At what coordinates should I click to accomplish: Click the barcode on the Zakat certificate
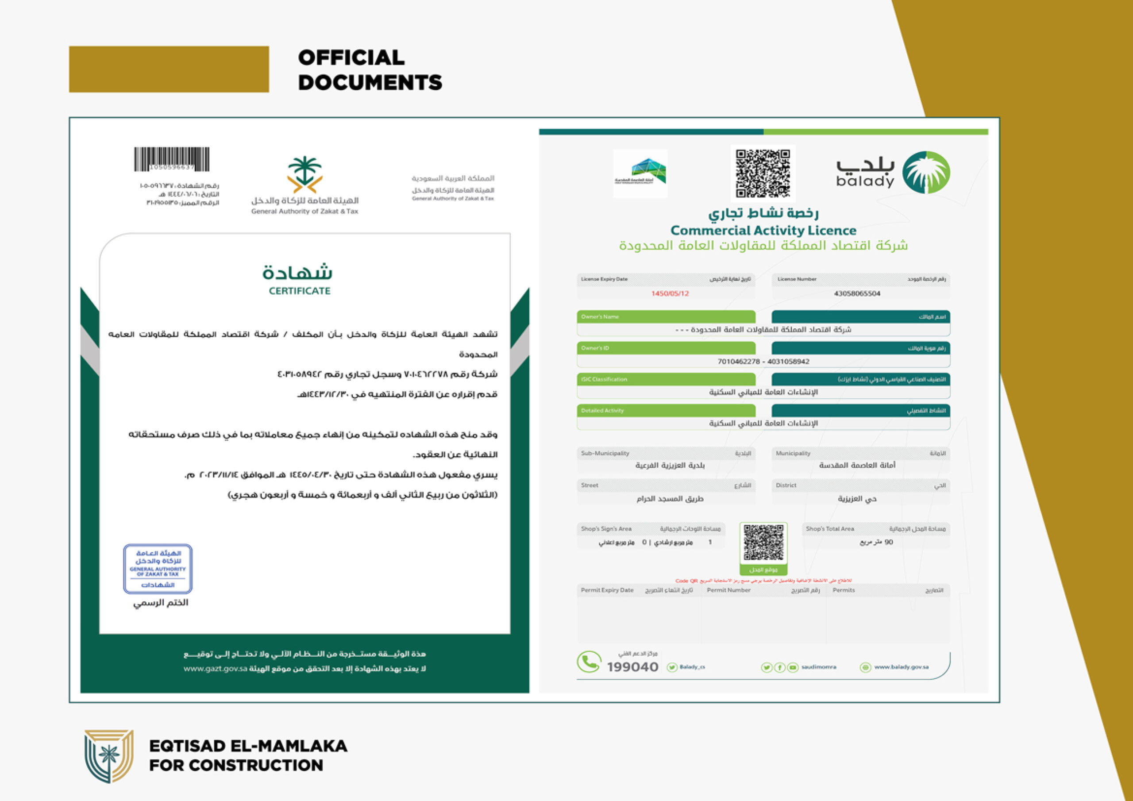(x=172, y=159)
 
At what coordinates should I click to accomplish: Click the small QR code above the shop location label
(x=763, y=543)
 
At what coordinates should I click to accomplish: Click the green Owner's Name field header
(x=666, y=317)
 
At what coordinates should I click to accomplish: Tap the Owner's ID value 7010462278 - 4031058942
(x=763, y=362)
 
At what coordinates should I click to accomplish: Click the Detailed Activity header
(x=666, y=411)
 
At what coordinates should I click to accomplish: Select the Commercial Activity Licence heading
(x=763, y=231)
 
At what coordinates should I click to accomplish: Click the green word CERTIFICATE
(x=300, y=291)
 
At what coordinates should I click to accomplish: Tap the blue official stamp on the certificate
(x=158, y=569)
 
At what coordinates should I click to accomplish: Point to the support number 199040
(x=632, y=667)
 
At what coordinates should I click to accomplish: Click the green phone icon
(x=589, y=662)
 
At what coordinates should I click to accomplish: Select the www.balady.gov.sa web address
(x=901, y=667)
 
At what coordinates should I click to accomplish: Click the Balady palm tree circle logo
(x=926, y=172)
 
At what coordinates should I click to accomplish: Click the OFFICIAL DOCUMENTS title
(x=370, y=69)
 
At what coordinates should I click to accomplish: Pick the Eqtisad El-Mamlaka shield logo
(x=108, y=755)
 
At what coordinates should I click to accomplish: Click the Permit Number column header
(x=728, y=590)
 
